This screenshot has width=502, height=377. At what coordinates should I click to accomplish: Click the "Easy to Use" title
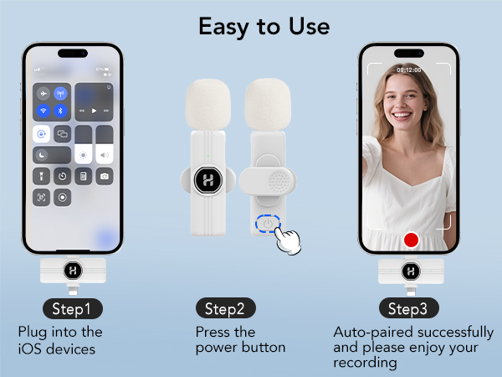(x=264, y=26)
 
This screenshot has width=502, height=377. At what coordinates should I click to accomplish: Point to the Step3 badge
(x=407, y=308)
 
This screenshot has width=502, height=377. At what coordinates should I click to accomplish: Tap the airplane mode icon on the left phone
(x=43, y=94)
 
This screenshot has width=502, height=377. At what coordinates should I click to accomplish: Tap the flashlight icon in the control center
(x=43, y=176)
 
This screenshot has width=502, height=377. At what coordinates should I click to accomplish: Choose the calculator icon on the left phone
(x=83, y=176)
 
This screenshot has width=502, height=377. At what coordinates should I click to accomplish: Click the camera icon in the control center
(x=104, y=176)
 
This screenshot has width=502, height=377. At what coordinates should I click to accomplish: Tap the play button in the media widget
(x=94, y=111)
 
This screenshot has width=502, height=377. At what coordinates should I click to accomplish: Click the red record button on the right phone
(x=410, y=240)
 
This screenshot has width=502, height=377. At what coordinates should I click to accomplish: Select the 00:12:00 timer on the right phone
(x=409, y=70)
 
